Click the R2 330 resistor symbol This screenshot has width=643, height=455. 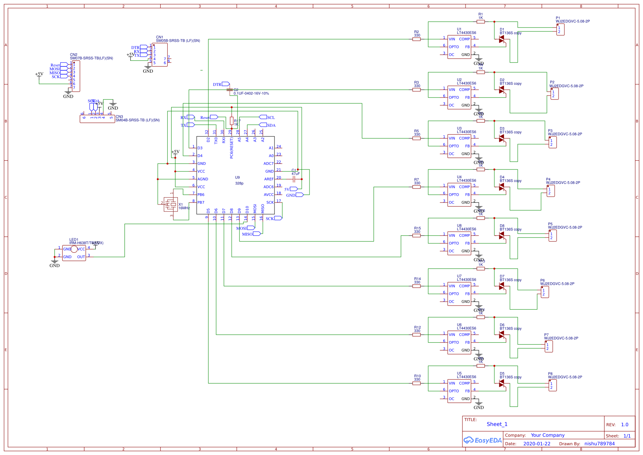click(x=416, y=39)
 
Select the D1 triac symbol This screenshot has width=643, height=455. click(x=502, y=39)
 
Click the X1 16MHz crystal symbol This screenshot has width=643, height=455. click(x=170, y=204)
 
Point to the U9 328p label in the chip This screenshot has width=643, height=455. click(x=239, y=180)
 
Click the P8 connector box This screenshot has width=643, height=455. click(x=552, y=385)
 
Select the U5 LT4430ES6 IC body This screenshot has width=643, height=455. click(x=459, y=391)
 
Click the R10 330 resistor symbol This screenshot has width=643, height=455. click(x=416, y=383)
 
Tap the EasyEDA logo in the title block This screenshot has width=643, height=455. click(x=483, y=440)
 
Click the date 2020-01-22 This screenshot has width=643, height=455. click(x=537, y=444)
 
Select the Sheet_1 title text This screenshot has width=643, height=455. click(x=497, y=424)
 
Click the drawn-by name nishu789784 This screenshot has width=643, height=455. click(x=599, y=444)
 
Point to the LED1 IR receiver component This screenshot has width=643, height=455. click(x=74, y=253)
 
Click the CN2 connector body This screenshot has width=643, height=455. click(x=76, y=76)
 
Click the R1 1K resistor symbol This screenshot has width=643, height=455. click(x=481, y=22)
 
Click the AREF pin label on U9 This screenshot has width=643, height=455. click(x=269, y=179)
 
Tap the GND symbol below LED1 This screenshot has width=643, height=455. click(x=54, y=262)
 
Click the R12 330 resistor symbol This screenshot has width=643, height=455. click(x=416, y=334)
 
